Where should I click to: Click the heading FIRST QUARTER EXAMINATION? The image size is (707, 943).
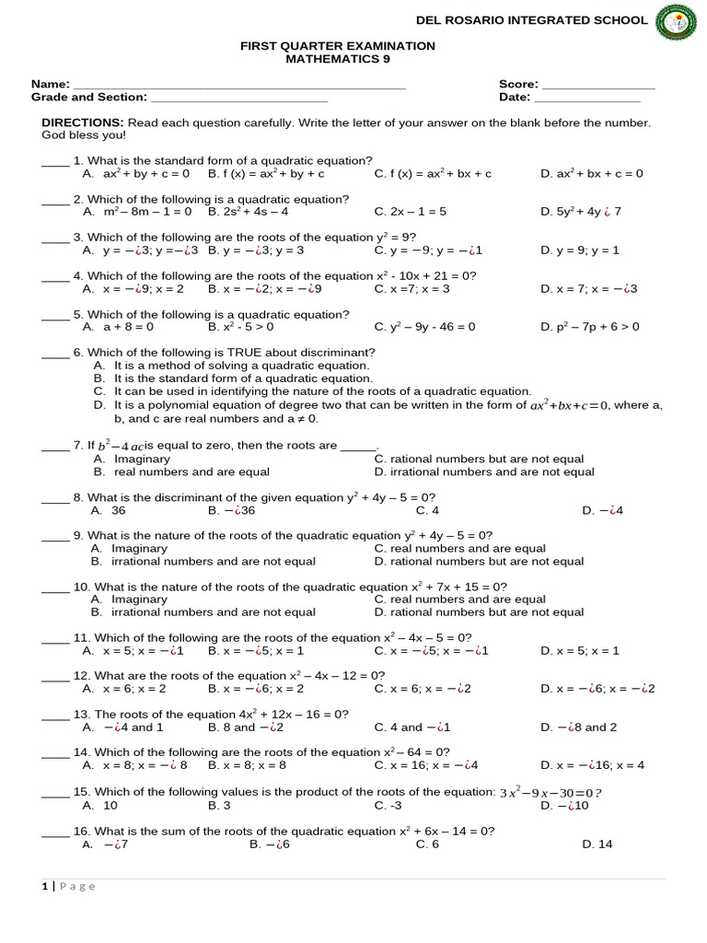point(338,46)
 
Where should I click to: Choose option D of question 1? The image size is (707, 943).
point(592,173)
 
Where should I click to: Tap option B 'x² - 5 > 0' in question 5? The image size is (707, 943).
point(241,327)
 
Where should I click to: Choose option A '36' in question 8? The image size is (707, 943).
point(118,510)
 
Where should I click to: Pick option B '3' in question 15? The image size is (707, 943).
point(219,805)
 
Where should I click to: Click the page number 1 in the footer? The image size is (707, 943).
point(44,887)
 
